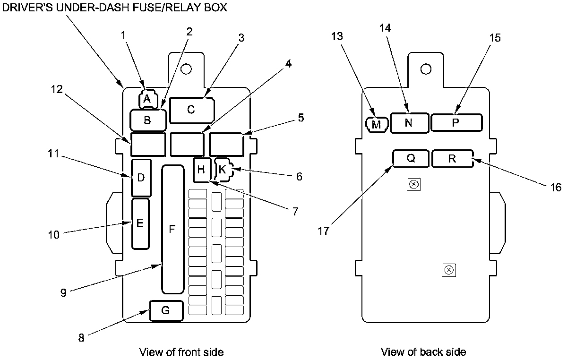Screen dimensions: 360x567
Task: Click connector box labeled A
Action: (x=146, y=99)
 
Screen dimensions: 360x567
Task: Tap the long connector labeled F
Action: (x=172, y=229)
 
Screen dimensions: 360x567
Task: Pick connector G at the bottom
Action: (x=166, y=310)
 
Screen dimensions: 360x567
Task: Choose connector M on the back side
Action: (x=377, y=124)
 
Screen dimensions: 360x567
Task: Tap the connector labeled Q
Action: (x=411, y=158)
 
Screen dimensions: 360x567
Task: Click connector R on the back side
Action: (x=452, y=159)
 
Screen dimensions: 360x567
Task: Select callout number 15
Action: (x=495, y=37)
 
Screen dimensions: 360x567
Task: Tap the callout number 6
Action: (x=299, y=177)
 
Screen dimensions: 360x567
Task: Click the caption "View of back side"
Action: (x=423, y=352)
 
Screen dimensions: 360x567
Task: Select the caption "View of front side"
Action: (x=181, y=352)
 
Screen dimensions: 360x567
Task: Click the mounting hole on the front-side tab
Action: (x=186, y=69)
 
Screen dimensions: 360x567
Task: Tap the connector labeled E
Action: (x=140, y=223)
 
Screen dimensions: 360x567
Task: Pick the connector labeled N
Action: (x=409, y=123)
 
